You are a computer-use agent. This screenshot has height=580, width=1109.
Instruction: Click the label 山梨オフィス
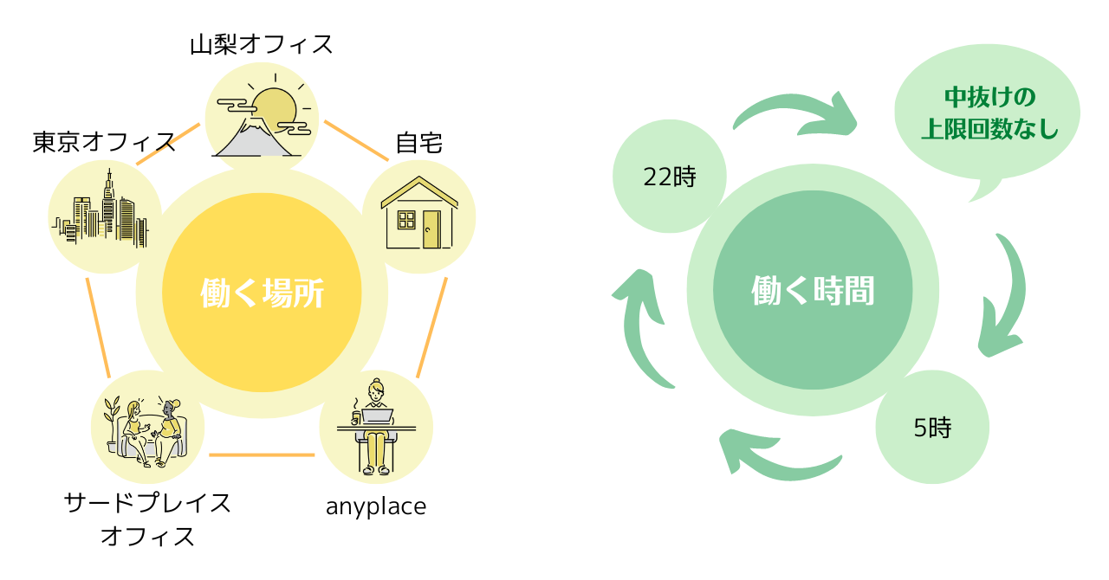click(262, 44)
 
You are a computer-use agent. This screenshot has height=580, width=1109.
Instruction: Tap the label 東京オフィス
click(104, 142)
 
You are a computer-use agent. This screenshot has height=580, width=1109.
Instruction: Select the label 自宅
click(418, 142)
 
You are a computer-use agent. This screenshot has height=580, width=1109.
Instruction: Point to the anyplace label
click(376, 506)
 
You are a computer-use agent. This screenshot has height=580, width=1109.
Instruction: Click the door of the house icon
click(431, 229)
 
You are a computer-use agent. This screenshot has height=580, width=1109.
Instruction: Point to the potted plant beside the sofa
click(111, 420)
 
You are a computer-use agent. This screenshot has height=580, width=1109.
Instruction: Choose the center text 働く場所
click(262, 293)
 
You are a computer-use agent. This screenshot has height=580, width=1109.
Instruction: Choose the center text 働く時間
click(813, 292)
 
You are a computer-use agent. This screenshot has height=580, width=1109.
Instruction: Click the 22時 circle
click(669, 177)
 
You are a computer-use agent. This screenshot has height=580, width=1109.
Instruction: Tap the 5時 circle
click(932, 427)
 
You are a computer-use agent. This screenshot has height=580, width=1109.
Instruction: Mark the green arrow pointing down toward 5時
click(1005, 294)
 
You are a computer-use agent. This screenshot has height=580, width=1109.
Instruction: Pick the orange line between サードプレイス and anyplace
click(262, 454)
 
